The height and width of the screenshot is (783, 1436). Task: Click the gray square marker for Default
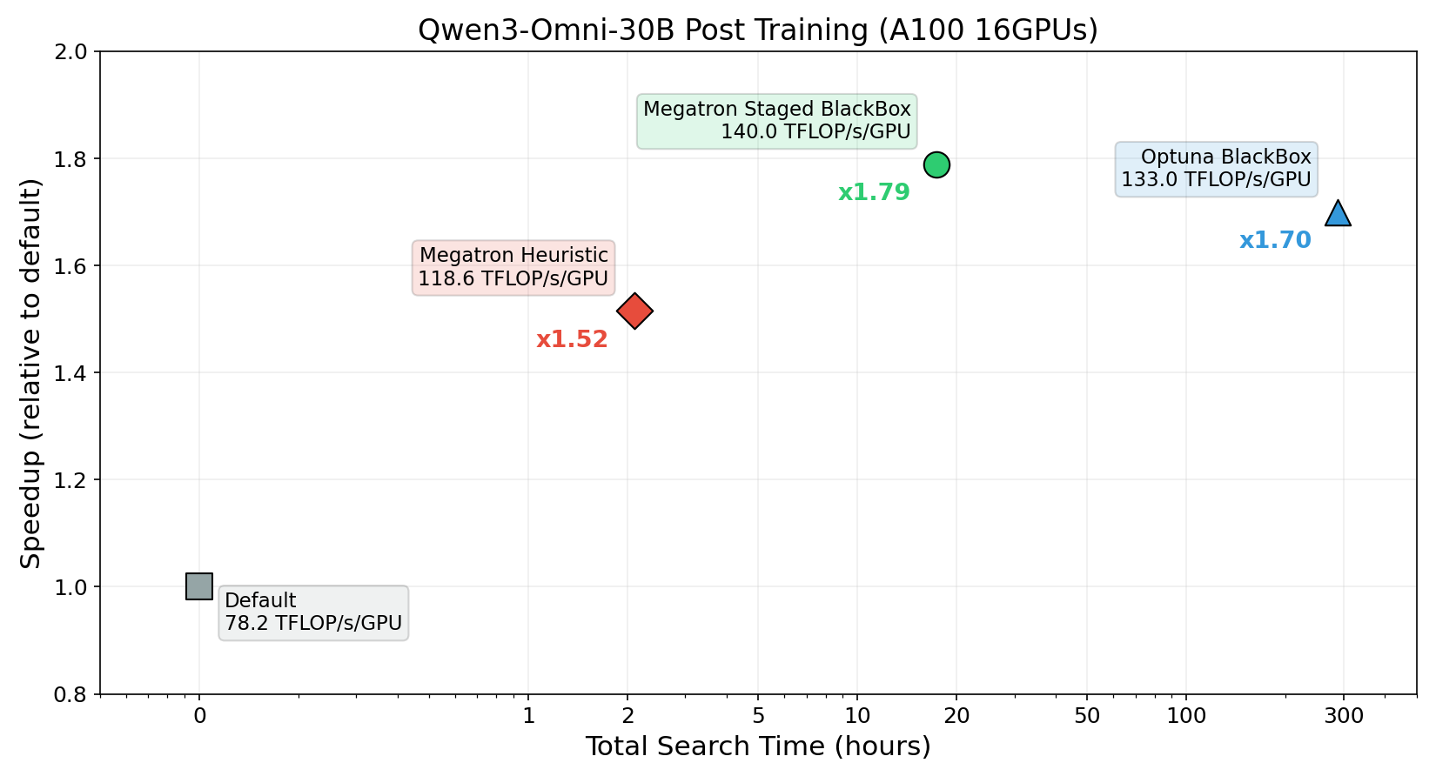tap(199, 586)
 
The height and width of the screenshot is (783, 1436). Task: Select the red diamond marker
tap(634, 311)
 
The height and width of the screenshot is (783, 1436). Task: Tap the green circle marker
tap(936, 164)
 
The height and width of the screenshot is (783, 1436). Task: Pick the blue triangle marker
tap(1338, 214)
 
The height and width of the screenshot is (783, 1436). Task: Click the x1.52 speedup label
tap(572, 339)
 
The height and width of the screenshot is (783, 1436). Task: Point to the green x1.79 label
tap(874, 192)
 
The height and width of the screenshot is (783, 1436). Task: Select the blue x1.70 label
tap(1275, 240)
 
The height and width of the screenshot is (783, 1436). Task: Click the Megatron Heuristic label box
tap(513, 267)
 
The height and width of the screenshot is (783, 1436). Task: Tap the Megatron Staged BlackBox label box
tap(776, 121)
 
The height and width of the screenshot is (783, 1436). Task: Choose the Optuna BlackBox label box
tap(1216, 169)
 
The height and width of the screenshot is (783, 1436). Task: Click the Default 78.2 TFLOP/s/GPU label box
tap(313, 612)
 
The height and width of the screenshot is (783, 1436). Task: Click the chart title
tap(757, 30)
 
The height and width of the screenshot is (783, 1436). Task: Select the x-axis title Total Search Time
tap(757, 746)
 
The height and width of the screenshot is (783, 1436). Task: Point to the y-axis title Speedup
tap(31, 373)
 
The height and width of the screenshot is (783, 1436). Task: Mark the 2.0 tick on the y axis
tap(71, 51)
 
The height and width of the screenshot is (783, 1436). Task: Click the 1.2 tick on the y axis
tap(71, 480)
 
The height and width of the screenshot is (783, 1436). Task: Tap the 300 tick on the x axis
tap(1343, 716)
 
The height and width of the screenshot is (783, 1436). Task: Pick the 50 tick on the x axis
tap(1087, 716)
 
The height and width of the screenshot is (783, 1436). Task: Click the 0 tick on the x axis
tap(199, 716)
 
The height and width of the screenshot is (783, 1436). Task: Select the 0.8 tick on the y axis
tap(71, 694)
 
